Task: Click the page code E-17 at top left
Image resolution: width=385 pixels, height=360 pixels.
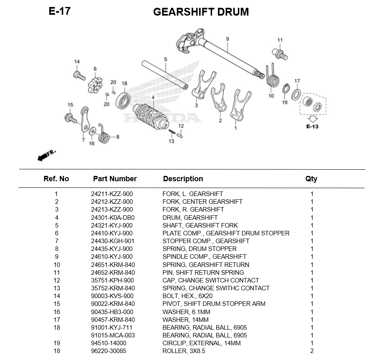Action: click(60, 11)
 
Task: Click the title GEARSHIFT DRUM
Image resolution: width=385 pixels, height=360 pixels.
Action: click(201, 12)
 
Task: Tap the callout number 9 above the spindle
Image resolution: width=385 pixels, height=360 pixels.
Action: click(227, 39)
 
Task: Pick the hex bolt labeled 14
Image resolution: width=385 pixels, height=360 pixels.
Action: click(78, 75)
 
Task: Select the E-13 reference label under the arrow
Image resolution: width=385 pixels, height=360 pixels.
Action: click(312, 126)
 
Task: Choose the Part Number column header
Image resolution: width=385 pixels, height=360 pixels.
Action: click(115, 179)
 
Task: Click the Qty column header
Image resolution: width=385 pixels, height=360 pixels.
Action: click(311, 179)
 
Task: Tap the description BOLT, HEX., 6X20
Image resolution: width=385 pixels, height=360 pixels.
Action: click(187, 296)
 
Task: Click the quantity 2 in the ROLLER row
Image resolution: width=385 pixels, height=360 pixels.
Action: click(312, 351)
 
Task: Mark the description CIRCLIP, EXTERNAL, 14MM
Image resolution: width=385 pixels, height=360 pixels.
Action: click(202, 343)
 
